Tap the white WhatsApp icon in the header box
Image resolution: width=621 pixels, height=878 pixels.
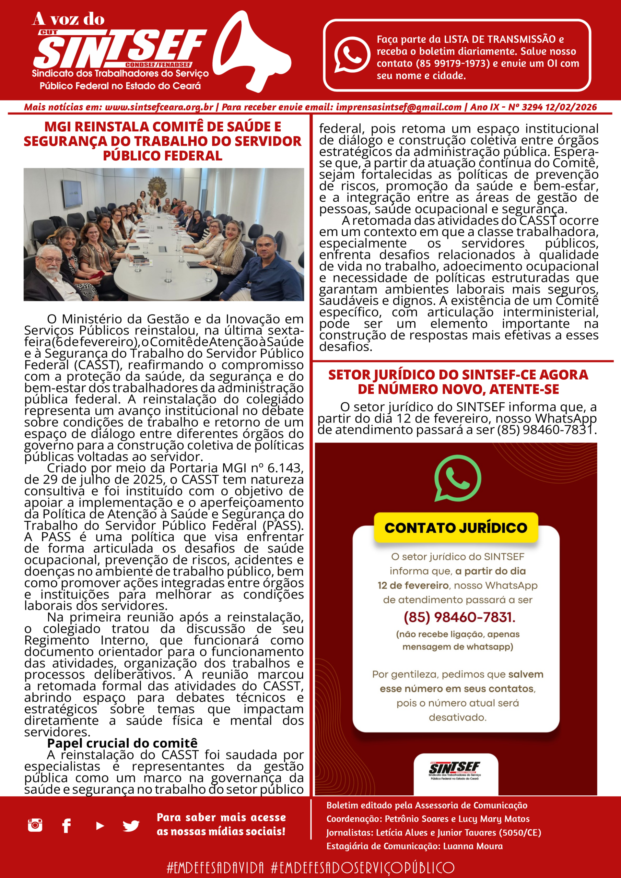[352, 55]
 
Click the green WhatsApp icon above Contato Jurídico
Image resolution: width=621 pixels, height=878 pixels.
[458, 478]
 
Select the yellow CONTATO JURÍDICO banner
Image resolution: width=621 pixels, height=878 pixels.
[456, 528]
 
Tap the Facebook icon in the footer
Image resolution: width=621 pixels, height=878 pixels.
[67, 826]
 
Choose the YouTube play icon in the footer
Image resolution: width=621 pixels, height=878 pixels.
[100, 826]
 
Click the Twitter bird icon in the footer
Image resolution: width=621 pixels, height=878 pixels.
[131, 826]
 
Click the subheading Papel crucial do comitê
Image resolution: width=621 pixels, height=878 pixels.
[122, 743]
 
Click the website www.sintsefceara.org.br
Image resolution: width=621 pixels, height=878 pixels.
[159, 107]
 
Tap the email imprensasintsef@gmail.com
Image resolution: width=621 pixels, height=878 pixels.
[398, 107]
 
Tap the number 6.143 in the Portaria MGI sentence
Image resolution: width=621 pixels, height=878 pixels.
[285, 468]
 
